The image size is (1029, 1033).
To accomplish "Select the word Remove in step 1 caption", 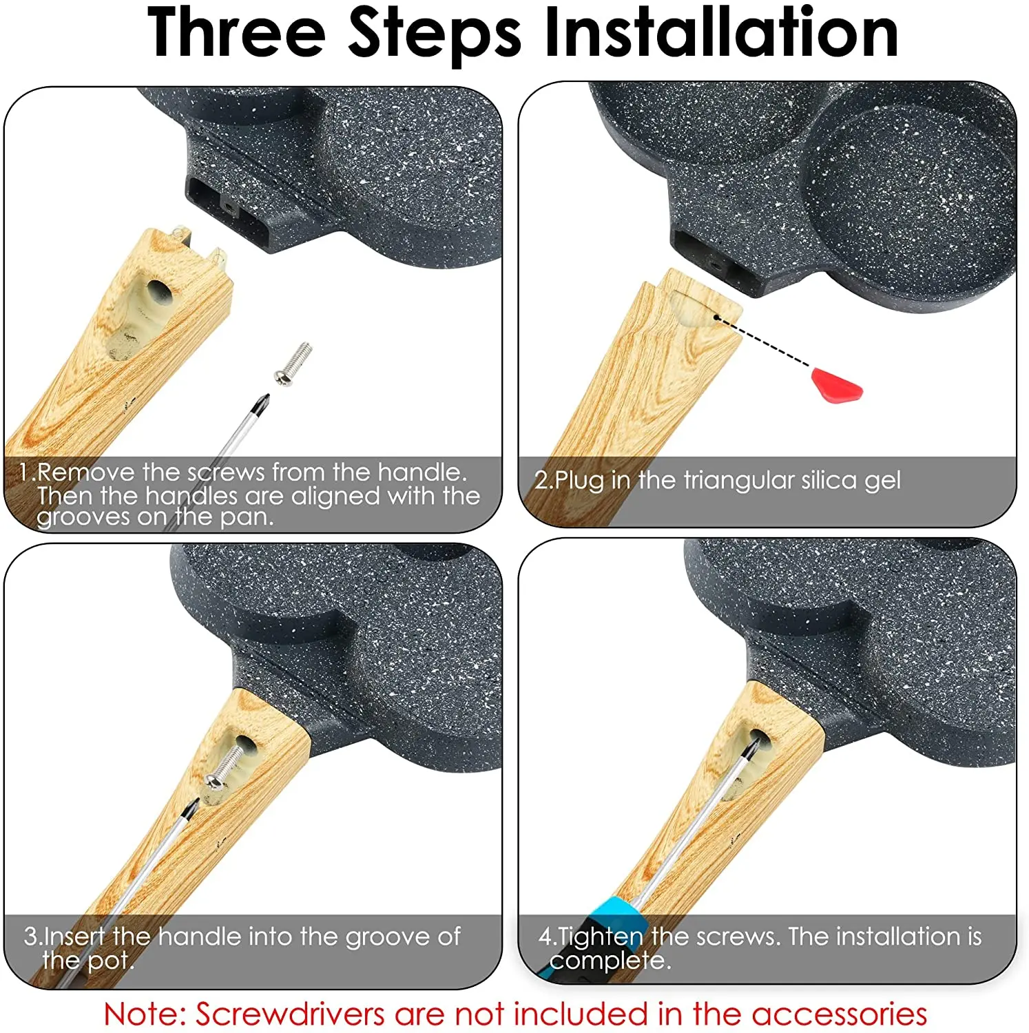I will pyautogui.click(x=86, y=472).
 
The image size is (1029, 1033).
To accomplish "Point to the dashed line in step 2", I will pyautogui.click(x=765, y=341).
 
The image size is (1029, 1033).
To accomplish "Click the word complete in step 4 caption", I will pyautogui.click(x=609, y=961).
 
